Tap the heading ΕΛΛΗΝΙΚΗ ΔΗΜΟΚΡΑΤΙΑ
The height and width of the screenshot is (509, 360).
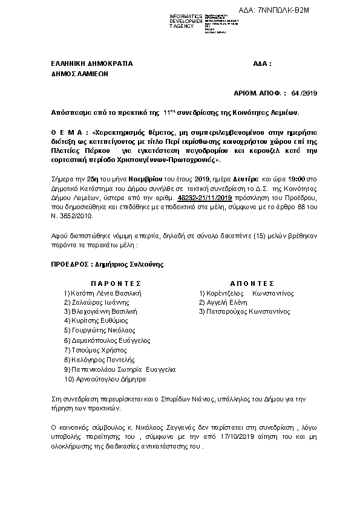coord(92,63)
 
